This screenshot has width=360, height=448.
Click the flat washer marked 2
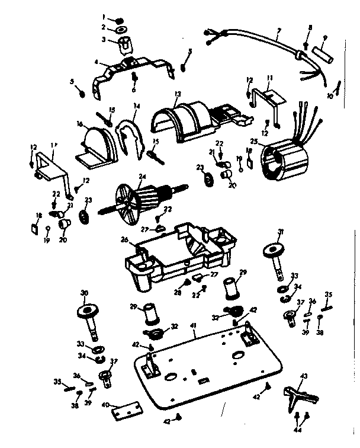(x=121, y=28)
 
